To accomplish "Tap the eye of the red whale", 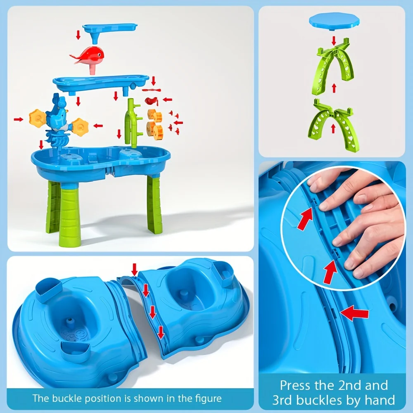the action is point(99,55).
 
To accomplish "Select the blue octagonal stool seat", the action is point(335,21).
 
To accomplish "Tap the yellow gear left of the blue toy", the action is point(38,118).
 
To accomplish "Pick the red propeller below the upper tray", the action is point(152,90).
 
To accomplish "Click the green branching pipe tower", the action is point(133,123).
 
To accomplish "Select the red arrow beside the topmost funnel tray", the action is point(78,35).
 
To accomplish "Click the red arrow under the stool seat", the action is point(334,41).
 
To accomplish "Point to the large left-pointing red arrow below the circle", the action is point(354,313).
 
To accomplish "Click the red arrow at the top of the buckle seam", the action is point(135,269).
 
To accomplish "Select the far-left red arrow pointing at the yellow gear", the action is point(19,120).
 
